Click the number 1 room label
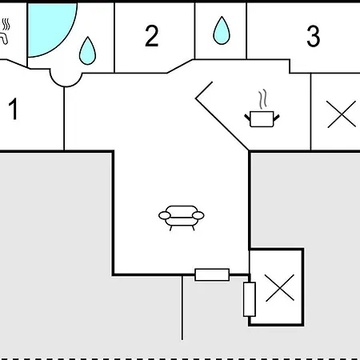point(14,109)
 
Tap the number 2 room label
point(152,36)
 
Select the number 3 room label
point(313,36)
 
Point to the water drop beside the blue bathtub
point(87,51)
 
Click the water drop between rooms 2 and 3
point(222,30)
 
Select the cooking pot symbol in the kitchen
point(262,118)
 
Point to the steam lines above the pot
point(262,99)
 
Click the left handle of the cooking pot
point(247,118)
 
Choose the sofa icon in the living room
point(182,218)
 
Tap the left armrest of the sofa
point(165,215)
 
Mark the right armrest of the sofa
point(198,215)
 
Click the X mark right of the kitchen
point(342,114)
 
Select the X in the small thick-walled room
point(280,288)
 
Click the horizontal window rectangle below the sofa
point(212,274)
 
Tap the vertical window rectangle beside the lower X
point(250,299)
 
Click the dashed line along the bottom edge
point(180,358)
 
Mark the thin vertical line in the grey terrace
point(182,307)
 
